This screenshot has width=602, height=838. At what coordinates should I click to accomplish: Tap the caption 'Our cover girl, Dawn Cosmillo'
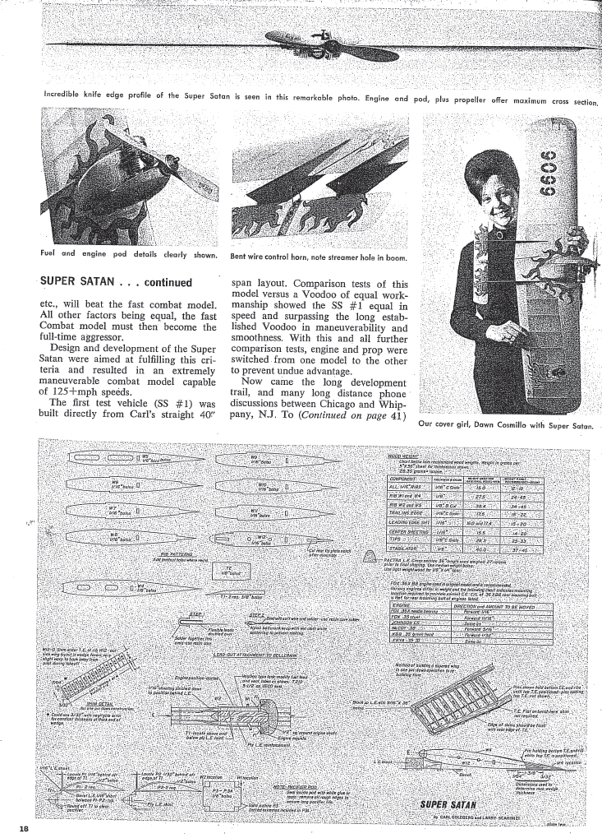[x=504, y=425]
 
